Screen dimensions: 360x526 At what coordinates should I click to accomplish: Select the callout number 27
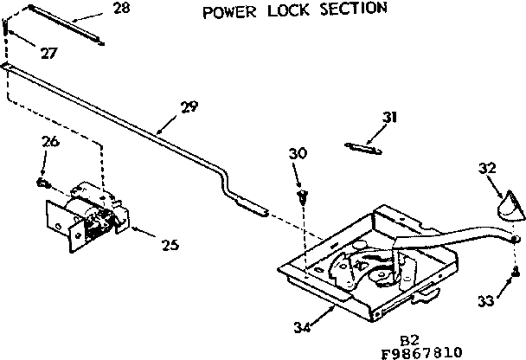[x=48, y=53]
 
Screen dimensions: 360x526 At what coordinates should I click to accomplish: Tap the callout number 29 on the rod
[x=189, y=107]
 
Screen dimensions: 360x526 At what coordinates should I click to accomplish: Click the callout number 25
[x=169, y=245]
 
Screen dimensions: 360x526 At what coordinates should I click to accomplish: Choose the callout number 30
[x=298, y=153]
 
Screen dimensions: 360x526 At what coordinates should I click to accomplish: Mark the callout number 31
[x=389, y=118]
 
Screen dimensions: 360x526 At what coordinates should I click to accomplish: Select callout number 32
[x=486, y=166]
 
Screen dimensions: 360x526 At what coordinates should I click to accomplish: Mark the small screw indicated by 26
[x=41, y=182]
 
